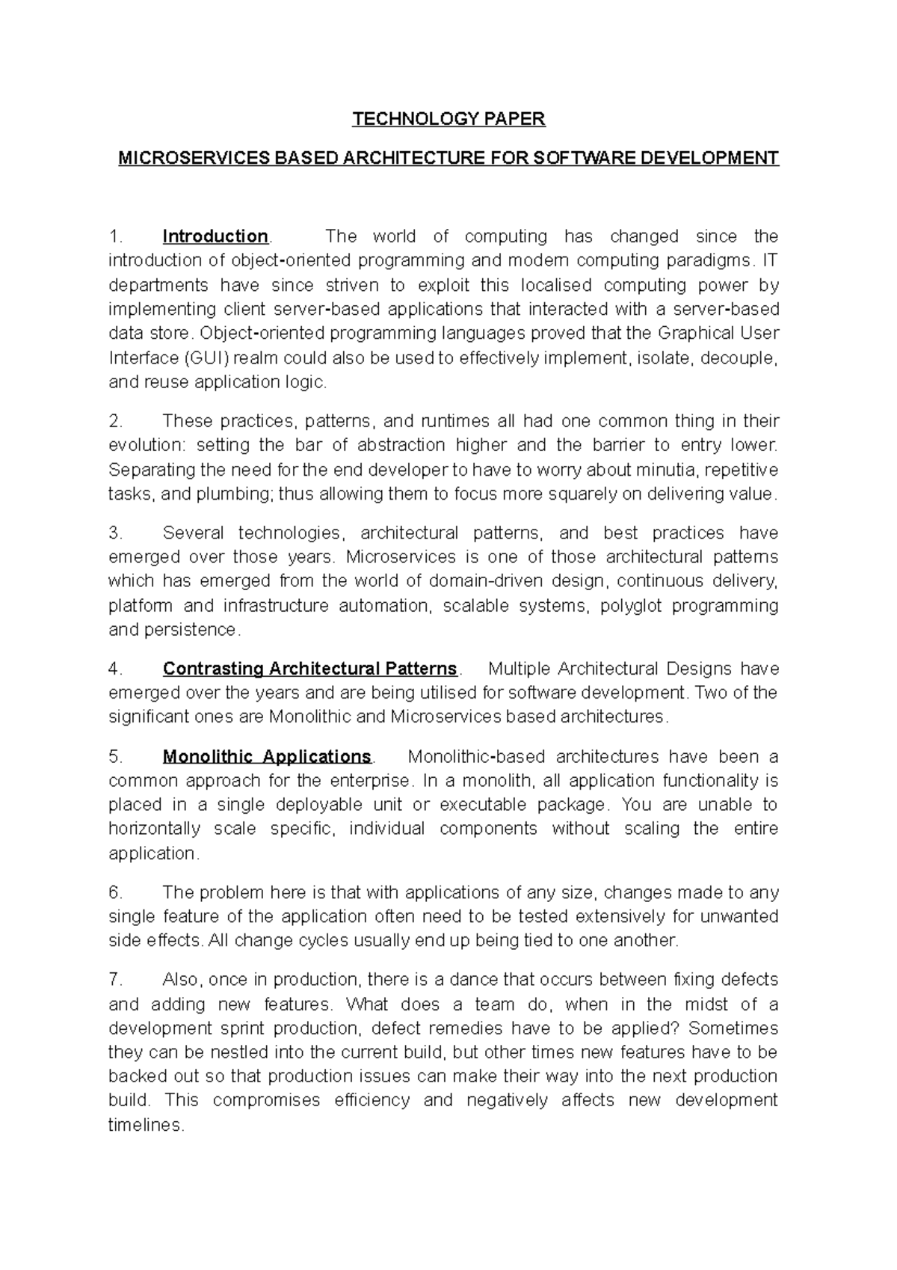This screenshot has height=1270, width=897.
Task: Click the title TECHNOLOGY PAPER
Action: click(x=449, y=119)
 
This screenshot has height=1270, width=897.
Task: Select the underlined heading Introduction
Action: click(x=215, y=237)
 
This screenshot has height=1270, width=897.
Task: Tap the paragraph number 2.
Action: click(x=115, y=421)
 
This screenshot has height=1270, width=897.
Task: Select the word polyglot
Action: click(x=635, y=606)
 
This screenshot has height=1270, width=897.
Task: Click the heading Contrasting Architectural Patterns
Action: click(x=309, y=669)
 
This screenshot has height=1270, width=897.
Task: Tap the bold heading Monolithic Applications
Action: click(x=267, y=757)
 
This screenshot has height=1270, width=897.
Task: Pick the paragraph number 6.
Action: click(x=115, y=893)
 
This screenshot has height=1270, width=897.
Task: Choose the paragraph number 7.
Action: click(x=115, y=980)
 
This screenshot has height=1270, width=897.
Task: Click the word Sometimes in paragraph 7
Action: click(x=733, y=1028)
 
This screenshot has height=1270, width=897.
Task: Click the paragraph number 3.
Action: click(x=115, y=533)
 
